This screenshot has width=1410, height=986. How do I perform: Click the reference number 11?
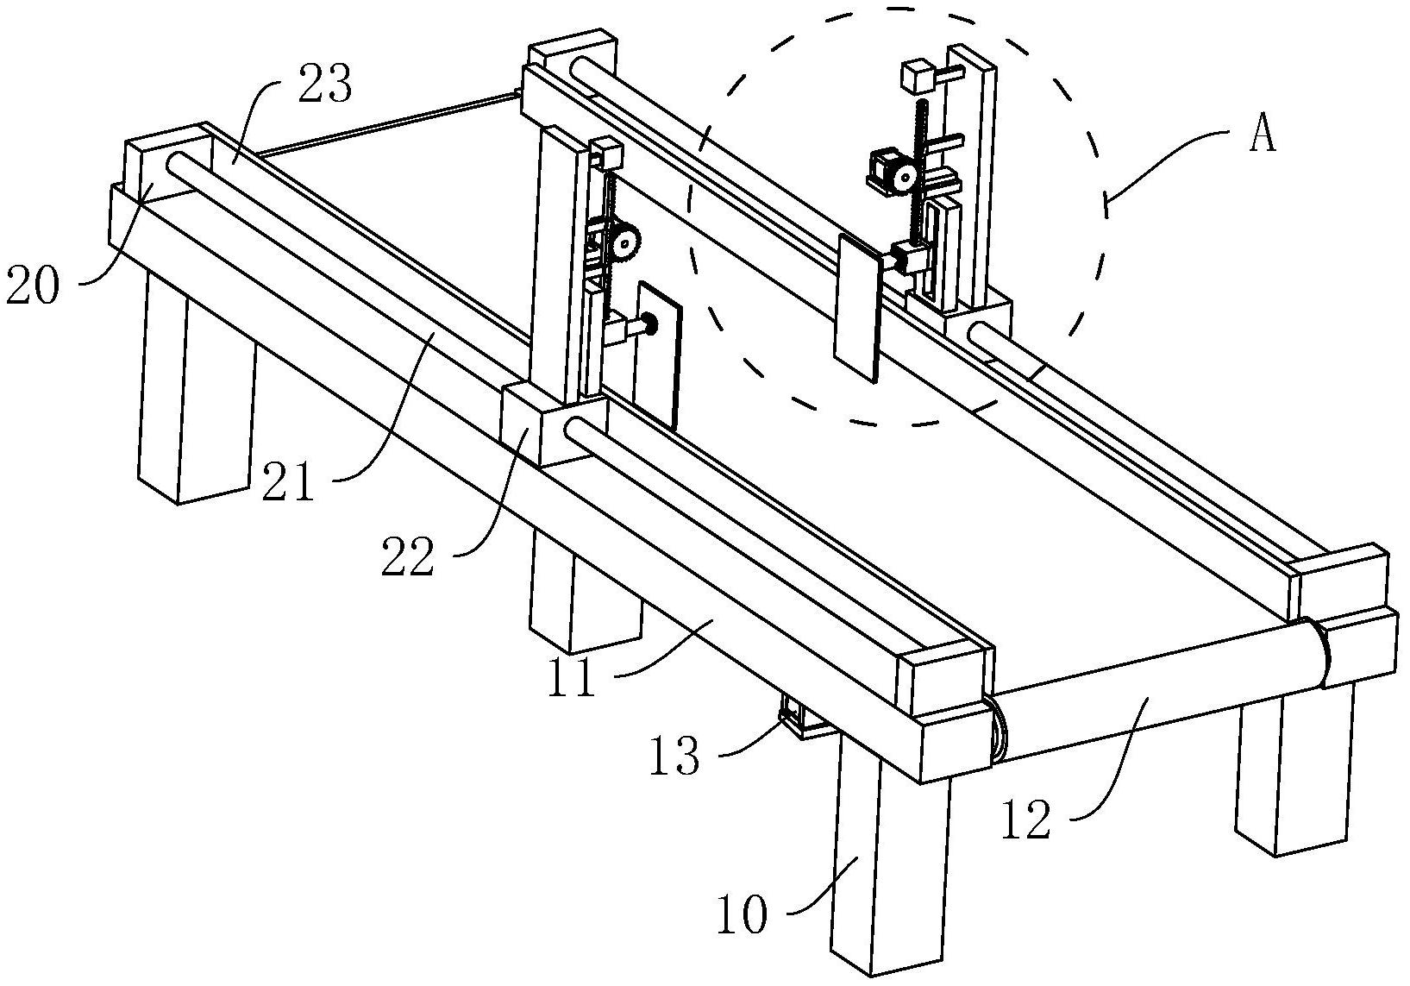coord(571,678)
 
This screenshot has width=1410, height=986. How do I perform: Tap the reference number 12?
coord(1026,820)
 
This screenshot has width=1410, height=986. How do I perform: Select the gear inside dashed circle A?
coord(905,179)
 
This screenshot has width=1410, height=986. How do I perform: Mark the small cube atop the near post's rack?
coord(607,153)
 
